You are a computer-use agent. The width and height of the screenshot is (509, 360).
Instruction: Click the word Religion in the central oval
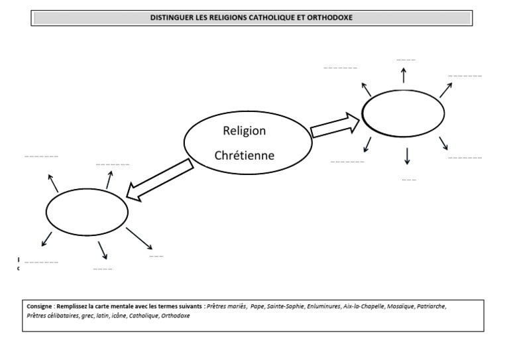(244, 131)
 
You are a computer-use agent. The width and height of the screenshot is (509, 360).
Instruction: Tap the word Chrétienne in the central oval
(244, 156)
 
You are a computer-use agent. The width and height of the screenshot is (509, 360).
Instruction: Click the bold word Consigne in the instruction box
(39, 307)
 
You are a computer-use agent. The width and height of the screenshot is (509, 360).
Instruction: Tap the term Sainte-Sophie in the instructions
(288, 307)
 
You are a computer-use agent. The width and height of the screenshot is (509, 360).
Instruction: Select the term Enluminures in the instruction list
(324, 307)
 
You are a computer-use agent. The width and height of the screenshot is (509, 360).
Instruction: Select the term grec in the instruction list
(84, 316)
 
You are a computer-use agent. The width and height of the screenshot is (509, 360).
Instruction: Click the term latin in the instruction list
(101, 316)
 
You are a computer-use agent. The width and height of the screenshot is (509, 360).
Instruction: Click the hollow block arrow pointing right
(335, 125)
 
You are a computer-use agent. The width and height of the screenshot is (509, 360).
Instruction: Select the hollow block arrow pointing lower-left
(160, 180)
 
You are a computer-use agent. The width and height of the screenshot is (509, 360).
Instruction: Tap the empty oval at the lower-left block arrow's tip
(87, 210)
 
